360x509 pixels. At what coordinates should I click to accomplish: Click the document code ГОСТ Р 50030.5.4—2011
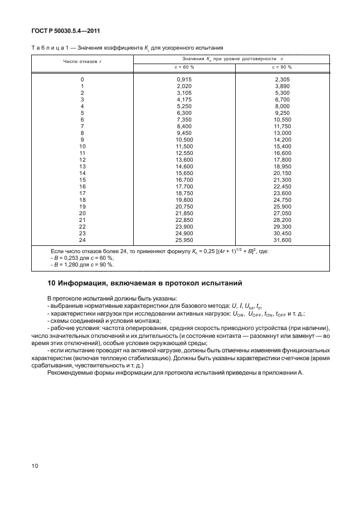coord(61,31)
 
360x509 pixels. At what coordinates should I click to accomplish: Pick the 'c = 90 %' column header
coord(282,66)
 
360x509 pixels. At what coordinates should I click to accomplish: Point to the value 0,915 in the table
coord(184,80)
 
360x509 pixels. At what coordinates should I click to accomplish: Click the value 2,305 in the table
coord(283,80)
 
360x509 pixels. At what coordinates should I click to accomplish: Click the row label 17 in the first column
coord(82,193)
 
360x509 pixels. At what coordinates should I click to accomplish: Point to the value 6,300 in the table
coord(184,113)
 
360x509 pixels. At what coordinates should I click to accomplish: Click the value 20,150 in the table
coord(283,173)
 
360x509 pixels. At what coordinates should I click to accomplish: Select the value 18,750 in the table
coord(184,193)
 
